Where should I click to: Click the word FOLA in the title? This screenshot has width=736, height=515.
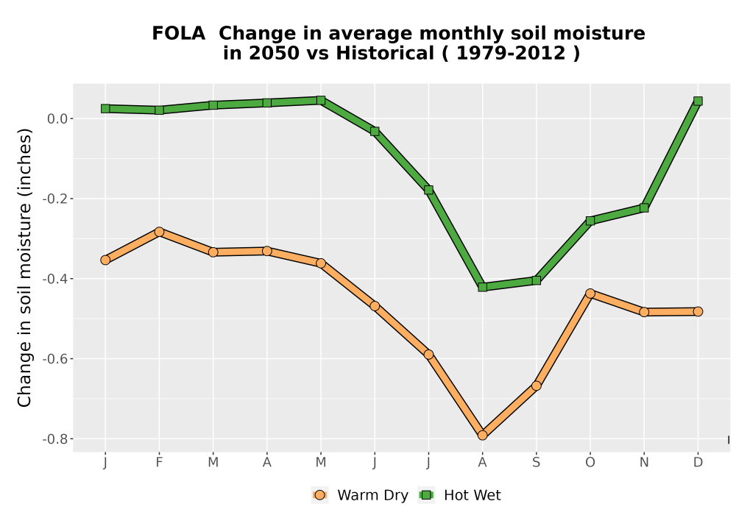(x=178, y=33)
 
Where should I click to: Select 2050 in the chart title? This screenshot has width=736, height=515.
(x=274, y=53)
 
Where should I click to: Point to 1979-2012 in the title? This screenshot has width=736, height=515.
(x=511, y=53)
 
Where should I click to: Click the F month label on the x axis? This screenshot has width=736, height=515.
(x=159, y=463)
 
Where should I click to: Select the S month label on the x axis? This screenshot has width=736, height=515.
(x=536, y=463)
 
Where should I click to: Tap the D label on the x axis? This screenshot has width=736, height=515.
(x=698, y=463)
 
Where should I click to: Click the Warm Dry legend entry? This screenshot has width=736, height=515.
(x=360, y=495)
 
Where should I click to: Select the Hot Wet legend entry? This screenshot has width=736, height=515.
(x=459, y=495)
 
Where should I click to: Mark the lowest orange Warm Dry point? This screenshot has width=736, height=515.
(x=483, y=436)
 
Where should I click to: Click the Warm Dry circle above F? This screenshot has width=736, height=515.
(x=159, y=232)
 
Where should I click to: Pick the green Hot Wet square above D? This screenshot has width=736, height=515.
(x=698, y=101)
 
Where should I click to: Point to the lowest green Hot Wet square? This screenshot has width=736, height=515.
(x=483, y=287)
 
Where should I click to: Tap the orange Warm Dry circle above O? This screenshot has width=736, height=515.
(x=590, y=294)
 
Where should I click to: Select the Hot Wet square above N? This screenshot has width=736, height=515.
(x=644, y=207)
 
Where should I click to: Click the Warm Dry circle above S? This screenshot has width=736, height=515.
(x=536, y=386)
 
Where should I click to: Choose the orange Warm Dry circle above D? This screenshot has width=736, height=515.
(x=698, y=311)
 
